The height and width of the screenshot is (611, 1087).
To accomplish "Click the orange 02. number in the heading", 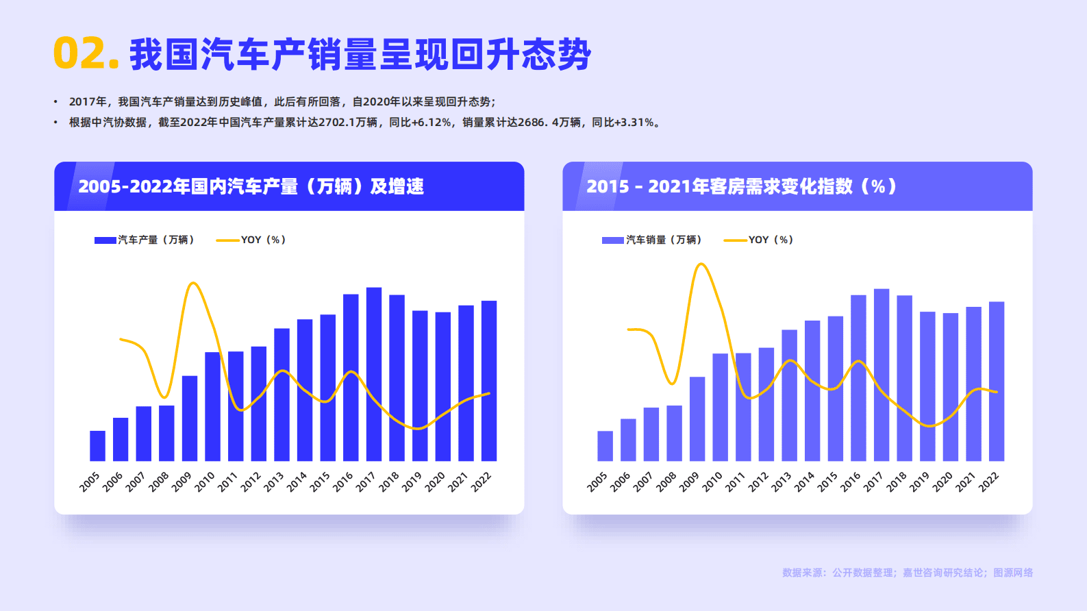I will click(86, 53).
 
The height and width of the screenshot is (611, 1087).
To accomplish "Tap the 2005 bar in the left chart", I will click(97, 446).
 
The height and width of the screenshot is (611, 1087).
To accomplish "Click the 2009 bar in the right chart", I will click(697, 419).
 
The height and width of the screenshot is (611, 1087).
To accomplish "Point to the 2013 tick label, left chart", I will click(274, 482).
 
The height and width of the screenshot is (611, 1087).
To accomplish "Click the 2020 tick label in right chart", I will click(942, 482).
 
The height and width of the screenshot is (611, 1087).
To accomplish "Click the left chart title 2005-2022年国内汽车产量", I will click(251, 186).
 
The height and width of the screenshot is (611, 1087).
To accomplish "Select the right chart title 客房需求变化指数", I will click(741, 186).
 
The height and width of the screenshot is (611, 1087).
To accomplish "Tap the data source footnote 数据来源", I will click(907, 573).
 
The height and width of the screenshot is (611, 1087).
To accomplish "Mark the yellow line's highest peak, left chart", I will click(194, 283).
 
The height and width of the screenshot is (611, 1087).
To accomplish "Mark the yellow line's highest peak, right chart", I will click(701, 264).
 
